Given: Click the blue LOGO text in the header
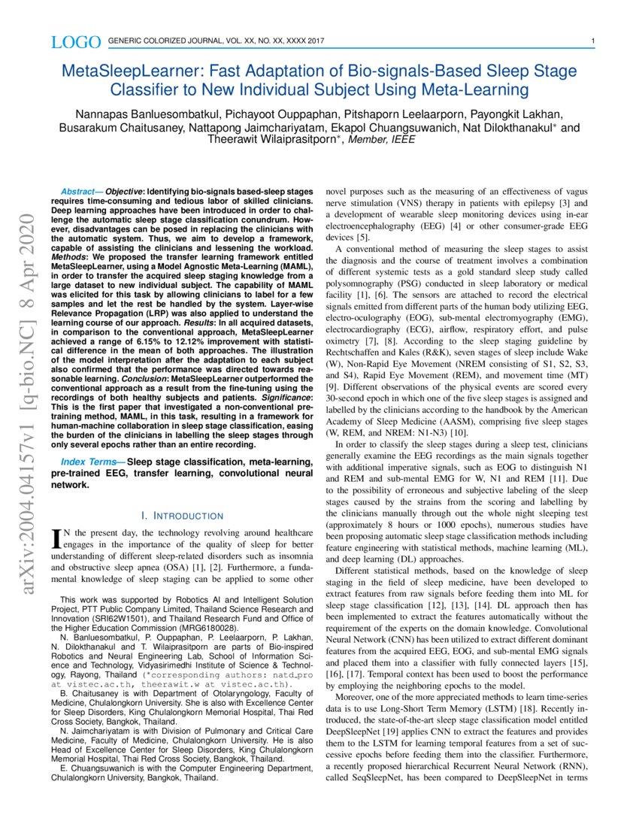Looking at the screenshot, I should (76, 41).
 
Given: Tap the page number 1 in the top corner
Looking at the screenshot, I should (593, 41).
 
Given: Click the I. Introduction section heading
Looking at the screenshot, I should (182, 516).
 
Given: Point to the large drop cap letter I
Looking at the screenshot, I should (55, 538).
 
